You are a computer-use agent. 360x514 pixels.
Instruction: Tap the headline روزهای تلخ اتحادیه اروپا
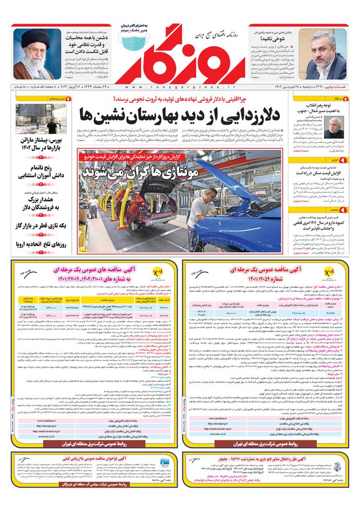coord(41,245)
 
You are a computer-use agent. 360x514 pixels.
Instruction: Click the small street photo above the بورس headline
coord(41,118)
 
